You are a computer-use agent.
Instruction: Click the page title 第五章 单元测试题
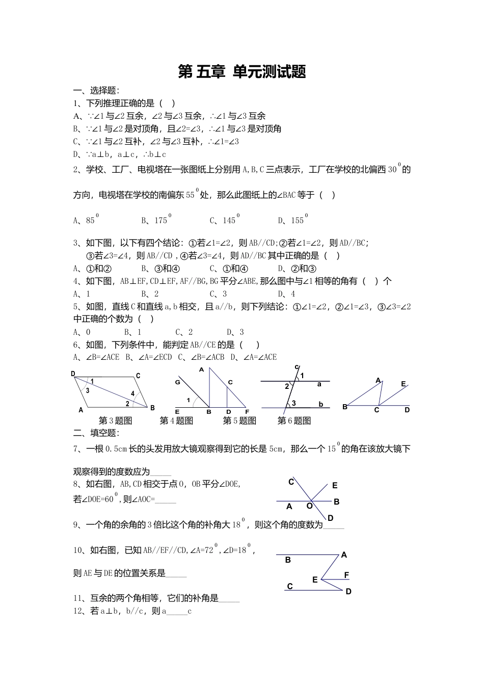[x=242, y=72]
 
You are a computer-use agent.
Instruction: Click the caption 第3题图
[x=115, y=420]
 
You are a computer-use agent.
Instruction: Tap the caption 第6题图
[x=294, y=420]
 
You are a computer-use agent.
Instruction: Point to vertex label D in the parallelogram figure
[x=73, y=374]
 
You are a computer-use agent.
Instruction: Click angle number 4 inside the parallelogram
[x=133, y=393]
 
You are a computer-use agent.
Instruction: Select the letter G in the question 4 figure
[x=178, y=382]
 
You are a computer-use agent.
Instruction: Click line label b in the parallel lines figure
[x=321, y=404]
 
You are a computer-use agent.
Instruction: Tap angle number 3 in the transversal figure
[x=293, y=403]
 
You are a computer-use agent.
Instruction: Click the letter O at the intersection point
[x=309, y=506]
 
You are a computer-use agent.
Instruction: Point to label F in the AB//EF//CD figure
[x=346, y=575]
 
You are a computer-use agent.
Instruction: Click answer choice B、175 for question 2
[x=155, y=220]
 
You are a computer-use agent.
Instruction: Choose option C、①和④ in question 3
[x=229, y=269]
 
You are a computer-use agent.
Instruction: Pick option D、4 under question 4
[x=286, y=294]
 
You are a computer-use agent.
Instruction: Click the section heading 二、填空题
[x=96, y=433]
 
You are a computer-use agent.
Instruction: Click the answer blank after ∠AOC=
[x=166, y=500]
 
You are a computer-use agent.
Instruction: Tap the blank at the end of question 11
[x=229, y=599]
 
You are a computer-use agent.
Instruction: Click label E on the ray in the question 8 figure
[x=335, y=486]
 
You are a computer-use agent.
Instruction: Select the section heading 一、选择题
[x=96, y=91]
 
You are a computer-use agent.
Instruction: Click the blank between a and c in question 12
[x=177, y=612]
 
